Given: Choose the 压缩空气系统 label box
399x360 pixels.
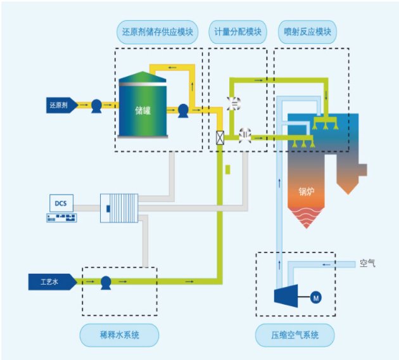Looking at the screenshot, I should pos(294,333).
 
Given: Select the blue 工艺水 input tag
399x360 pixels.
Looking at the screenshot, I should pos(54,280).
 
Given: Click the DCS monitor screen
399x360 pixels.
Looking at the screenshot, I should pos(61,203).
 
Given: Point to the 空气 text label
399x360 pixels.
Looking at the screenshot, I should pos(367,262).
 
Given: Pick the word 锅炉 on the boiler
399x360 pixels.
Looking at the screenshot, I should pos(308,191).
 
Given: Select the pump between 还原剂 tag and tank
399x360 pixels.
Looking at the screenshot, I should pos(96,105).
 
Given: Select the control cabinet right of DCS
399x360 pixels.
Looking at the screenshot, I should pos(118,207).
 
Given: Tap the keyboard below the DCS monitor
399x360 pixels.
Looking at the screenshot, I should pos(61,217).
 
